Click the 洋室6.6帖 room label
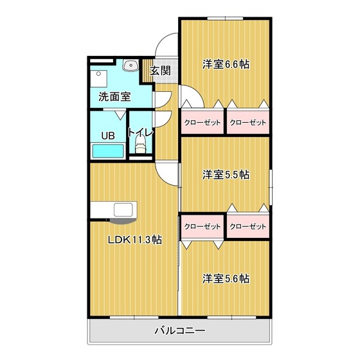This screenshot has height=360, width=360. [x=226, y=64]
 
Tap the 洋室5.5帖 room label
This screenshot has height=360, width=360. [x=226, y=174]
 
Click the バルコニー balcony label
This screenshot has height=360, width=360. [x=179, y=332]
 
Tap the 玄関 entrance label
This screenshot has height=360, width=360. [x=160, y=71]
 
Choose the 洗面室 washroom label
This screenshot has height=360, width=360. [x=114, y=97]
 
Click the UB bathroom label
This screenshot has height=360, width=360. [x=107, y=136]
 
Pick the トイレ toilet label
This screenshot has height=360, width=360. [x=140, y=133]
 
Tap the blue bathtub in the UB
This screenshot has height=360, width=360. [x=108, y=152]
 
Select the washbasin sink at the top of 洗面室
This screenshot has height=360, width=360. [x=131, y=65]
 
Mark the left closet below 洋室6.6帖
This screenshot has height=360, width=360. [x=202, y=122]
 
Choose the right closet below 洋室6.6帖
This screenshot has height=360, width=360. [x=247, y=122]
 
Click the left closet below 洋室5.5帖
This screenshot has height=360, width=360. [x=202, y=226]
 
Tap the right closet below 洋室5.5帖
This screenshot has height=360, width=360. [x=247, y=226]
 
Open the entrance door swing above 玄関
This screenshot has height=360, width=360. [x=166, y=46]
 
